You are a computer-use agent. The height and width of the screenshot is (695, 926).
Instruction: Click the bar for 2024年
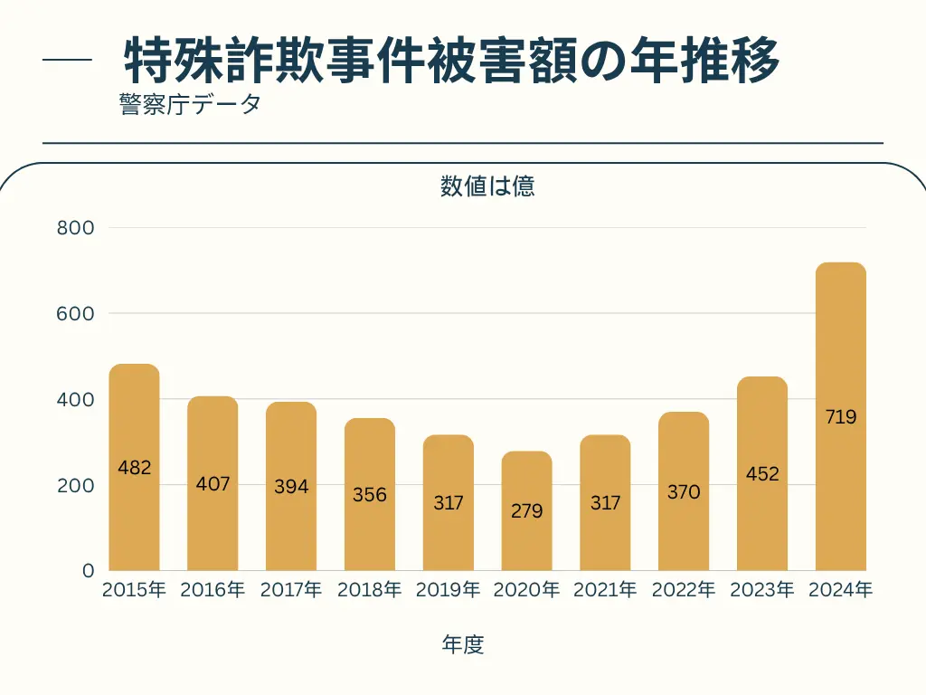click(841, 416)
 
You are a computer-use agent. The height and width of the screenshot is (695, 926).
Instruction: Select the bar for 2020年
click(526, 510)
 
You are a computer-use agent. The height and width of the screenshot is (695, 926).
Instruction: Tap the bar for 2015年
click(134, 467)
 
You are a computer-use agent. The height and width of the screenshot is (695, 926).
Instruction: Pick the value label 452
click(762, 474)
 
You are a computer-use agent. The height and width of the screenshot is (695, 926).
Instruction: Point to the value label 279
click(526, 511)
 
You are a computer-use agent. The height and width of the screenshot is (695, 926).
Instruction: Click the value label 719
click(841, 417)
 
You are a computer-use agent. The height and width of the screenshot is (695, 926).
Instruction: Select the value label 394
click(291, 487)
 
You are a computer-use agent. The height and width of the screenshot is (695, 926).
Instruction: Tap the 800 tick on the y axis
click(75, 228)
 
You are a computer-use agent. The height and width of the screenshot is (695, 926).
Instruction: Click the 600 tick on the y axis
click(75, 314)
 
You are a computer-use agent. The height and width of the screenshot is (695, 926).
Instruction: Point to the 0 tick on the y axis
click(88, 571)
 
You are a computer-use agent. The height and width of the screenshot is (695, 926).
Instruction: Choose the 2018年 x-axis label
click(369, 591)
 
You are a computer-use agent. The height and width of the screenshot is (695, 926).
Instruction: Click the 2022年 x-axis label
click(684, 591)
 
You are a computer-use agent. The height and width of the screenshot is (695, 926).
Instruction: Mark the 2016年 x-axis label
click(213, 591)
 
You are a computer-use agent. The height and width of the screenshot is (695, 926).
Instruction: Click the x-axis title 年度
click(463, 644)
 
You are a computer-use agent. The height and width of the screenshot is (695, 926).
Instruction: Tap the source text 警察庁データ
click(189, 104)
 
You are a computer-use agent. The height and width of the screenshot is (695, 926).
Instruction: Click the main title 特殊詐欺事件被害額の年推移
click(451, 62)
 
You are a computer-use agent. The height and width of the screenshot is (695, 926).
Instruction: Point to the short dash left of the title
click(68, 62)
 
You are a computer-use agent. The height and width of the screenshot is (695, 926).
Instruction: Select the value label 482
click(134, 468)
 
